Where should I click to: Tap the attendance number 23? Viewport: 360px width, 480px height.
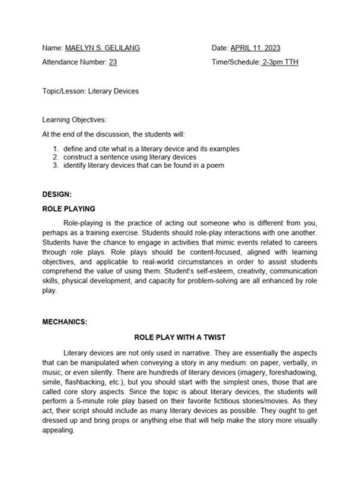click(x=113, y=65)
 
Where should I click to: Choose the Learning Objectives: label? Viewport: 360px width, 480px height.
click(x=74, y=119)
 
